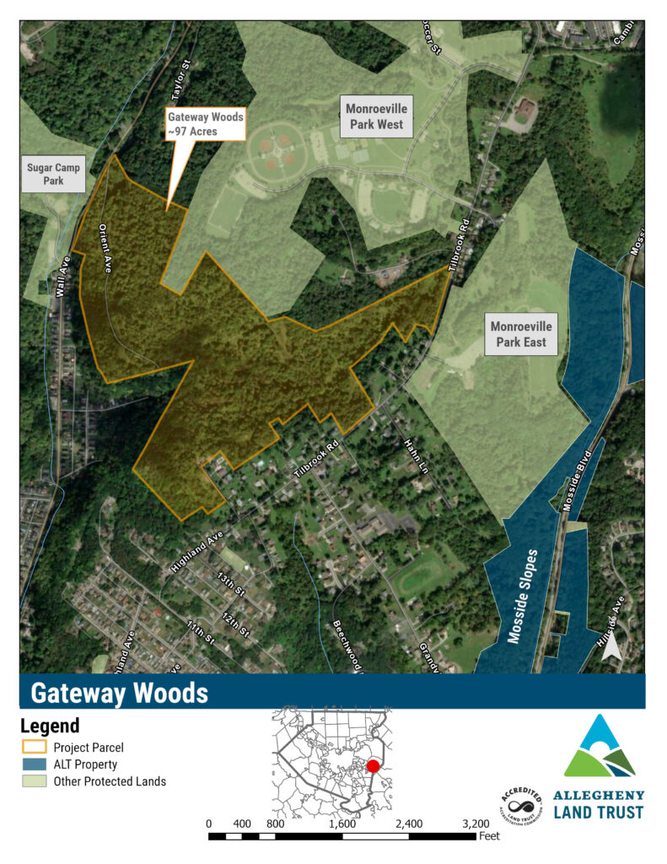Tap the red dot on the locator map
(373, 765)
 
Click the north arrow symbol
(613, 648)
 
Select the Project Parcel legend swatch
(34, 748)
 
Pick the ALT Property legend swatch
(34, 764)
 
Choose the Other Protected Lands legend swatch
(34, 781)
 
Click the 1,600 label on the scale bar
(342, 823)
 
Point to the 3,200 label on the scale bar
(476, 823)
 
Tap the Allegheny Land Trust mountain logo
(600, 746)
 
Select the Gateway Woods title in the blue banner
(119, 693)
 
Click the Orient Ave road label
(105, 245)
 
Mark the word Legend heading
(49, 726)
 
